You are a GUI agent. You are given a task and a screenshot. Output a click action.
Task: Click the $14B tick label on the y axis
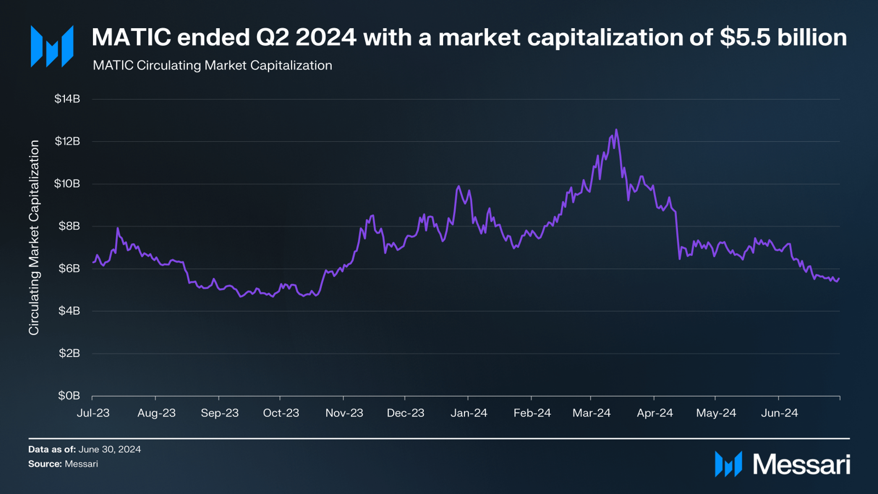pos(67,99)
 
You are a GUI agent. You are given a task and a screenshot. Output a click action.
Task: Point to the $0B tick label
pos(69,396)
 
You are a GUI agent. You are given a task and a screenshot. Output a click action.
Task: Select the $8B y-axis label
pos(69,226)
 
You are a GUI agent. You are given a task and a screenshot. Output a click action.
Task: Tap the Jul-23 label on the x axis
pos(93,413)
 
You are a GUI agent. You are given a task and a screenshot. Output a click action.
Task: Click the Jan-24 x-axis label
pos(469,413)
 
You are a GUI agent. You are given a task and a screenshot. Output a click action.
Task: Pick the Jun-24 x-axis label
pos(779,413)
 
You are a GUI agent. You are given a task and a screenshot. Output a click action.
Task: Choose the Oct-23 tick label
pos(281,413)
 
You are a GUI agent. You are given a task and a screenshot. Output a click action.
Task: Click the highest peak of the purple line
pos(616,130)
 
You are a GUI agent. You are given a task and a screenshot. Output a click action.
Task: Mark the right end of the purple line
pos(839,279)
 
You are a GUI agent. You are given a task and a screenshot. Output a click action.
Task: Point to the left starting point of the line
pos(93,262)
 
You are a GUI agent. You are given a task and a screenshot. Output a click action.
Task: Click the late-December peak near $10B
pos(458,186)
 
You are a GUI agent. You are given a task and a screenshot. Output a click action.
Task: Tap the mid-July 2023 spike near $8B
pos(118,228)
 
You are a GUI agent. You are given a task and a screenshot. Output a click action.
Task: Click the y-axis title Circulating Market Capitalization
pos(34,237)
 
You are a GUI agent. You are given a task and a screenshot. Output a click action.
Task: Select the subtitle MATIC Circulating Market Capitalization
pos(212,66)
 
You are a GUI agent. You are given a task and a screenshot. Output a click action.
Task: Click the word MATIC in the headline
pos(131,38)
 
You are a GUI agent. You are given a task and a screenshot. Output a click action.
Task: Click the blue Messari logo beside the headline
pos(52,46)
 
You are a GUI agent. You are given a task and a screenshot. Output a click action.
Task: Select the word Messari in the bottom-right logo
pos(801,465)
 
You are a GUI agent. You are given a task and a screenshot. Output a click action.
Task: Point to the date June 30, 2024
pos(109,449)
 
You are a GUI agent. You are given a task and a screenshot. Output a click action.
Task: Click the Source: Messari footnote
pos(63,464)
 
